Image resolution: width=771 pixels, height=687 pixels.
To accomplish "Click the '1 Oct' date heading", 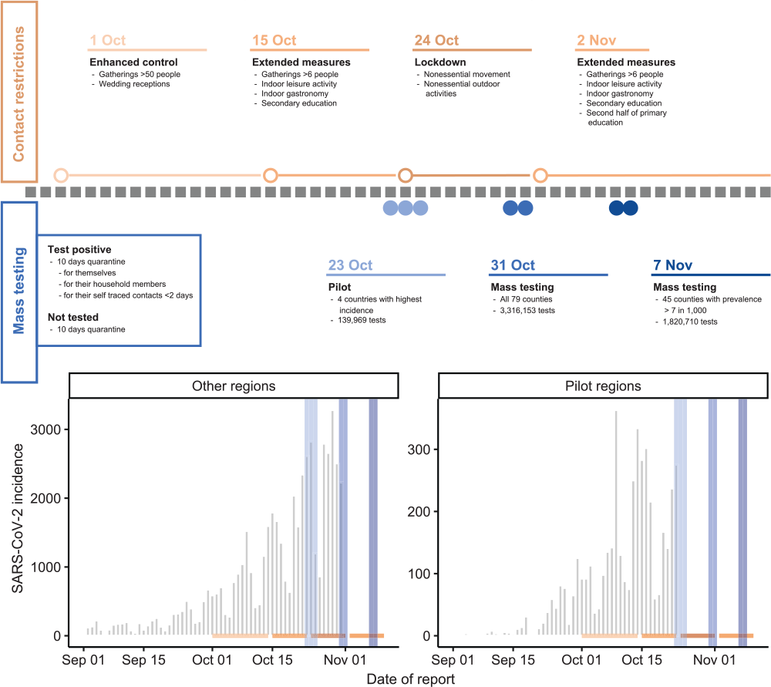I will point(108,41).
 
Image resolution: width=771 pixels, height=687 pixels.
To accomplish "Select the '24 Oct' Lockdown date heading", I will point(436,41).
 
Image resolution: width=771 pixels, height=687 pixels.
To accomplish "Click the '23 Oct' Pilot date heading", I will point(350,265).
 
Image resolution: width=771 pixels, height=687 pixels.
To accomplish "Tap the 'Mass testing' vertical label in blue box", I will point(19,292).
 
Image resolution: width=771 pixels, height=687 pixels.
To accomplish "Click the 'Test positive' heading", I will point(79,250).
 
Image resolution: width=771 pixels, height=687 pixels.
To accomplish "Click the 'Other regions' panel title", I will point(234,385).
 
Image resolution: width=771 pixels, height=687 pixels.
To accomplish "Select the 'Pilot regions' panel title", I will point(603,385).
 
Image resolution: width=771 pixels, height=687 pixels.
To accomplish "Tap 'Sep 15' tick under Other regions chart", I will point(144,661).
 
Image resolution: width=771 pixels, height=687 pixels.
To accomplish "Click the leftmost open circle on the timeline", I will point(61,175).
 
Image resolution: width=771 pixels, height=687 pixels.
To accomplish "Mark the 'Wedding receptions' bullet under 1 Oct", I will point(134,84).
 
